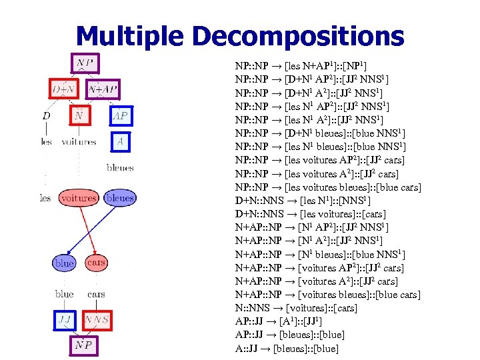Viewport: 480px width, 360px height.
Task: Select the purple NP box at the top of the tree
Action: pos(85,64)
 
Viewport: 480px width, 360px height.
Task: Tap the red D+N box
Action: pos(64,89)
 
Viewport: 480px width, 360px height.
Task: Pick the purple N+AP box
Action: pos(103,89)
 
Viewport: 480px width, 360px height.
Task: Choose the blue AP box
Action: pos(121,115)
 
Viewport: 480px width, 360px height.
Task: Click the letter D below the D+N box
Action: pos(46,116)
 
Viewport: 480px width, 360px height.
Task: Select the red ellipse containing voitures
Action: pos(78,198)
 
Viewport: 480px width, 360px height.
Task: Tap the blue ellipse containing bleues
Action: pos(120,198)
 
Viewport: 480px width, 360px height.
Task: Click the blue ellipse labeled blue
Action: pos(64,263)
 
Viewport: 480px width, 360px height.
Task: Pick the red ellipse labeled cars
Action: pos(97,263)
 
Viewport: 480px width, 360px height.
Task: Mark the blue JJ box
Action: pos(65,320)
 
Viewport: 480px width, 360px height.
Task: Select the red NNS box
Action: pos(97,320)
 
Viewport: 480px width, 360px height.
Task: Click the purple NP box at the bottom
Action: pos(84,345)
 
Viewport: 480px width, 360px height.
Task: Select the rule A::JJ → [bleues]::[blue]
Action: pos(287,348)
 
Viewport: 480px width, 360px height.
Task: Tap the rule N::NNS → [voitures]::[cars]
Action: pos(296,308)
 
